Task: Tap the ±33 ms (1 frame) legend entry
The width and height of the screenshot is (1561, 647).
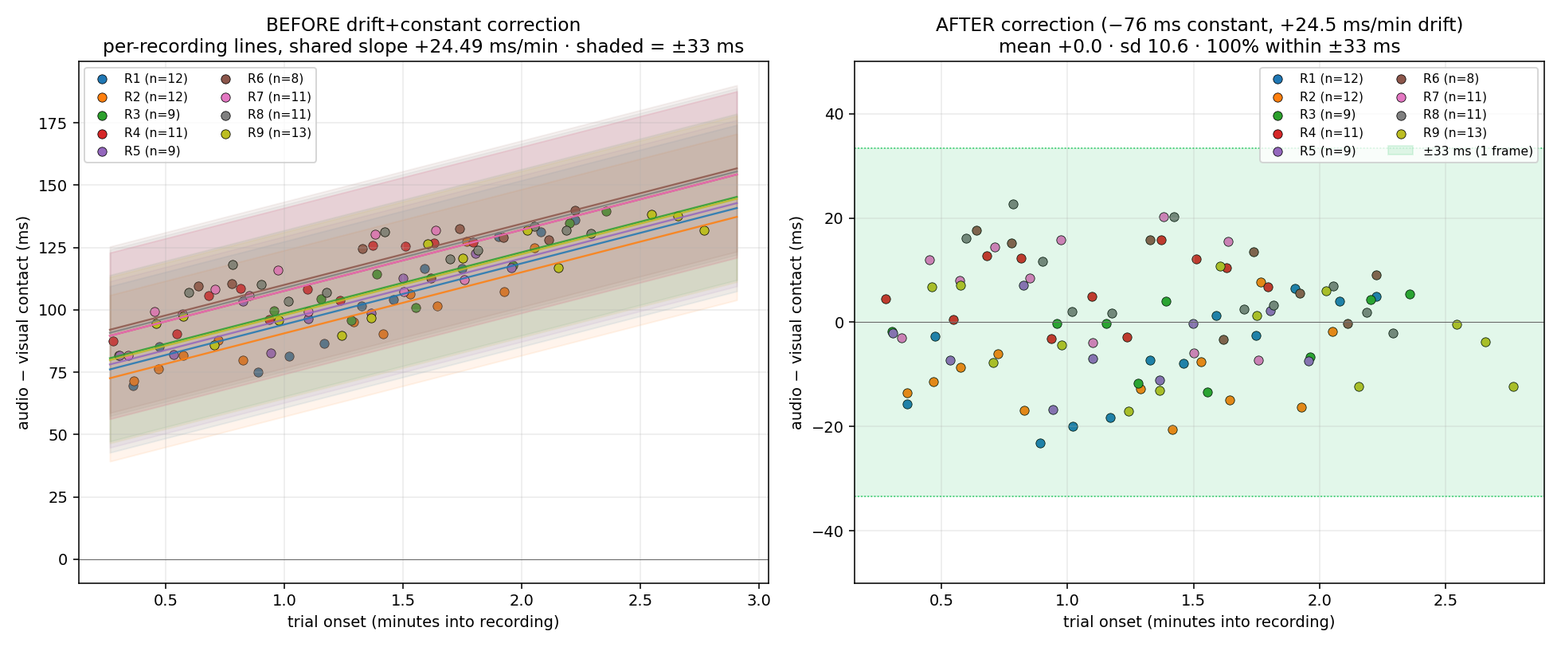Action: point(1460,151)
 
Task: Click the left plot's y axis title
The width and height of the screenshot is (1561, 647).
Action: point(23,323)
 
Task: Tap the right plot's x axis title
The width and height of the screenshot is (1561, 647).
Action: point(1199,622)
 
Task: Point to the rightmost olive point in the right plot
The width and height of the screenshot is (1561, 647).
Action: point(1513,386)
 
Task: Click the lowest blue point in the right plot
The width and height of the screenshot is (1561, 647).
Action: point(1040,443)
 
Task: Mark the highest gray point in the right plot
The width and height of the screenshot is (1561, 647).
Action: point(1013,204)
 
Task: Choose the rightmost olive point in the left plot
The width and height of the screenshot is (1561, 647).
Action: point(704,230)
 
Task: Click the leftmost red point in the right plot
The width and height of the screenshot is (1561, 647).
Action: point(886,299)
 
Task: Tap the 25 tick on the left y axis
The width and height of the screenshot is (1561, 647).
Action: point(58,497)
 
